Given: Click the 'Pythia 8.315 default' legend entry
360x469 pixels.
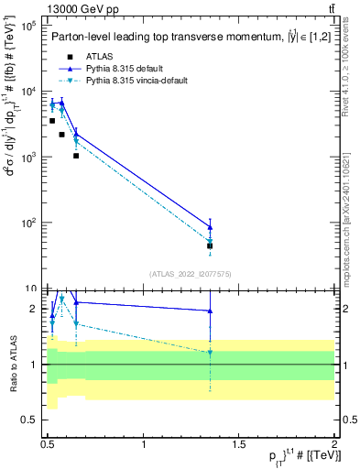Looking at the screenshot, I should point(126,69).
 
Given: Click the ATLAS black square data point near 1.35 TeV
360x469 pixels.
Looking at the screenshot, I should point(210,245).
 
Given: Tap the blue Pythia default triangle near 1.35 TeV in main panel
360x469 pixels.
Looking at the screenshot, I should point(210,226).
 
